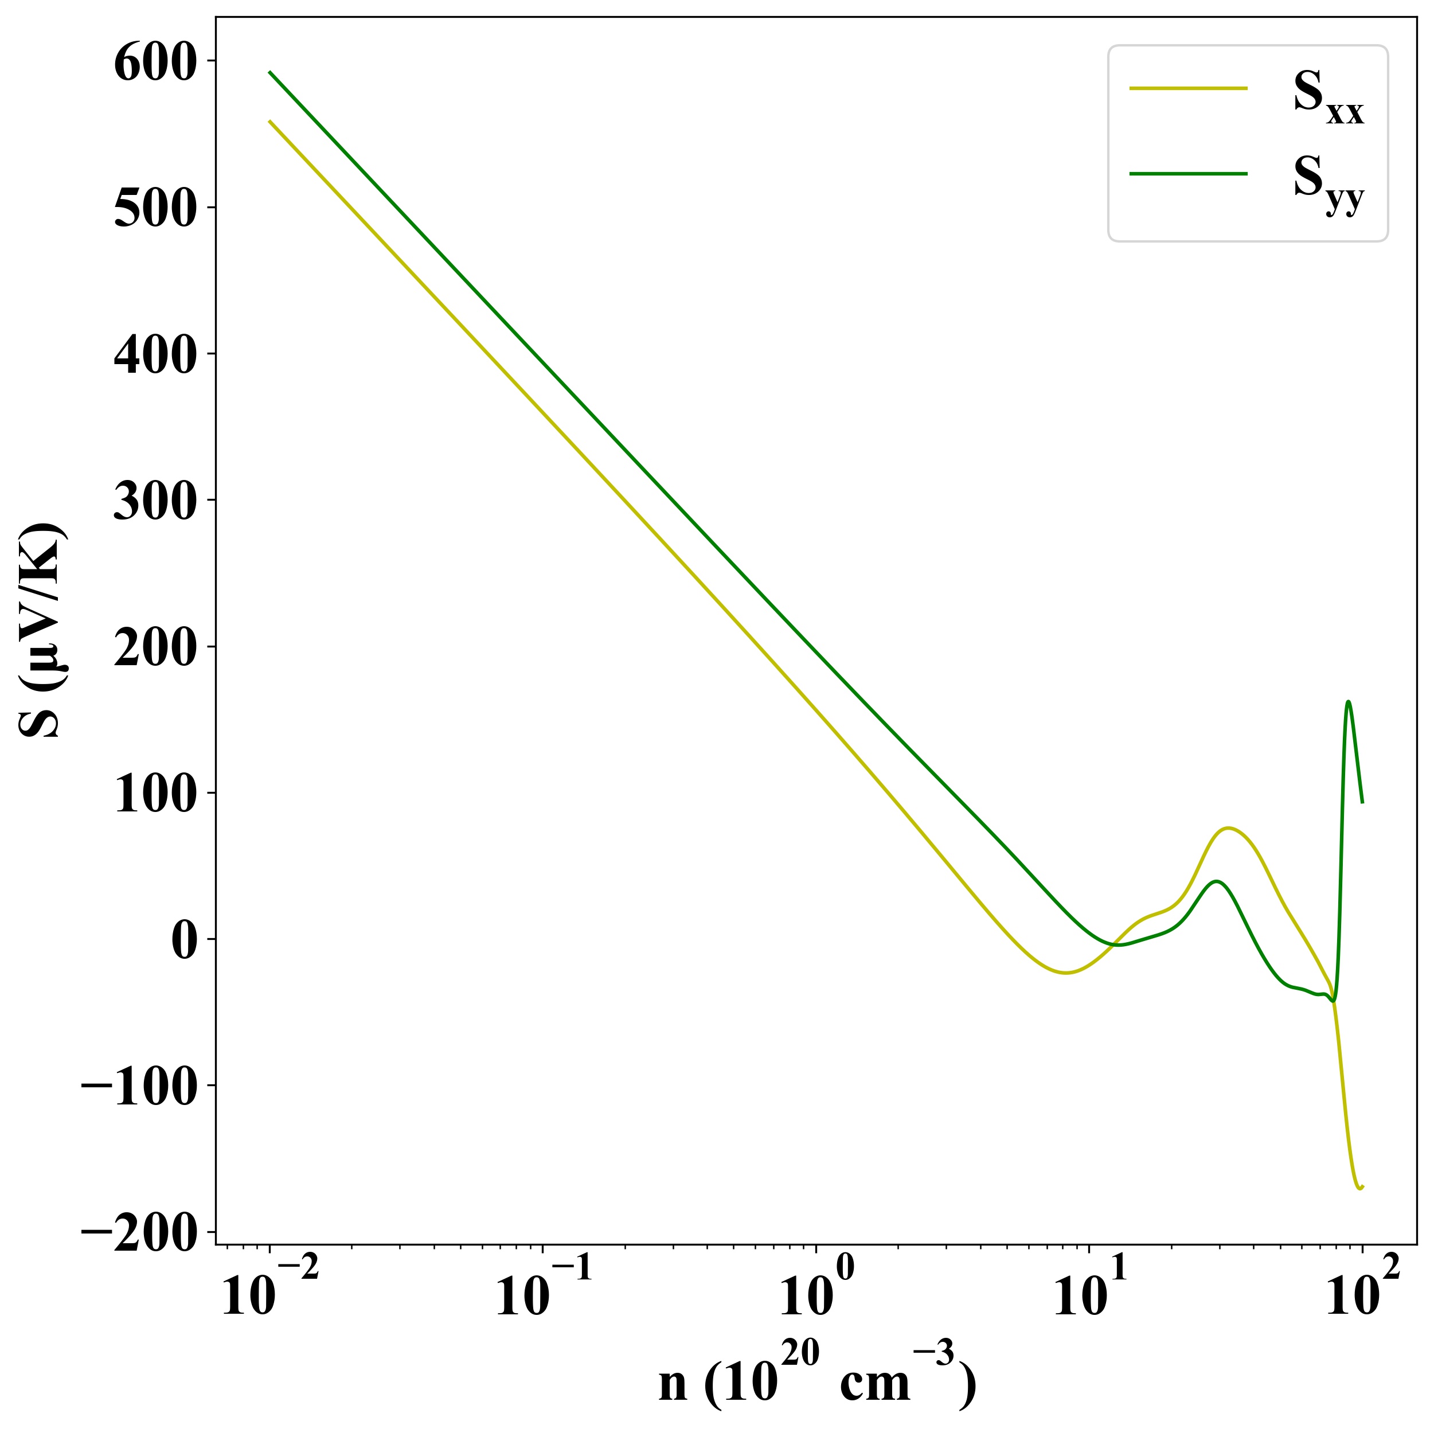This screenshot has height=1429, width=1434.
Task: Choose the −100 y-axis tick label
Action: [139, 1087]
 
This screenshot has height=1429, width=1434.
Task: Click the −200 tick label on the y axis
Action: [139, 1233]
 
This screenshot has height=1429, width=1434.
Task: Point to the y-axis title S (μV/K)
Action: [41, 631]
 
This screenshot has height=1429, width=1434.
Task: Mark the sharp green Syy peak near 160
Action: [1348, 701]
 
